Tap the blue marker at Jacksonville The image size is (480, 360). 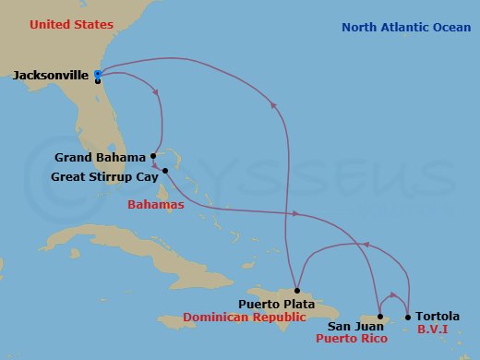point(98,74)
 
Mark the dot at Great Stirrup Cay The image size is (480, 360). point(165,170)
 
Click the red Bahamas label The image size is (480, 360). point(157,204)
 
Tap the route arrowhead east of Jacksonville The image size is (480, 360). point(156,90)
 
